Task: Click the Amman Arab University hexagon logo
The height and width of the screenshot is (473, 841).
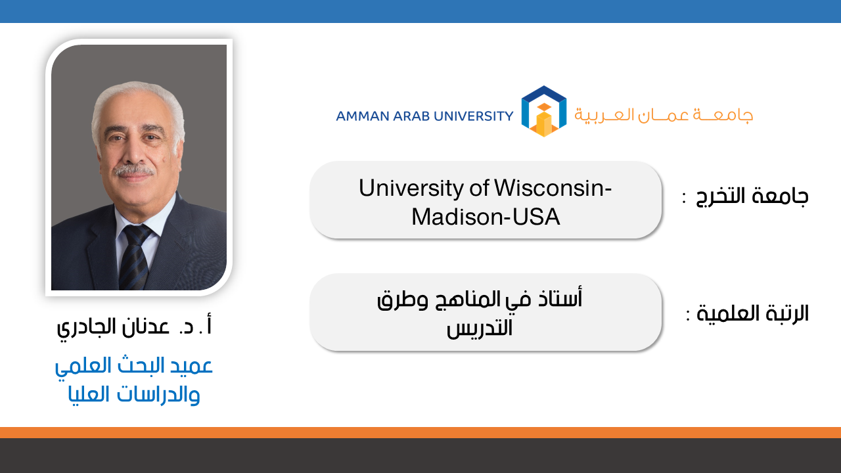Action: [543, 111]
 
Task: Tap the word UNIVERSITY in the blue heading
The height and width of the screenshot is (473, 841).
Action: [474, 116]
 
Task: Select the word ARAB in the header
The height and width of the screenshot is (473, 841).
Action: [411, 116]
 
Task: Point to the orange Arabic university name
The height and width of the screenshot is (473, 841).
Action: [664, 114]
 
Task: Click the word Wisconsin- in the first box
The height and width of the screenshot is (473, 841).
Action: [553, 188]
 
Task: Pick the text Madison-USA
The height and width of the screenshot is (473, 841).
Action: [486, 217]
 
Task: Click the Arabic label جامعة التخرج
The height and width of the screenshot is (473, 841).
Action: [752, 196]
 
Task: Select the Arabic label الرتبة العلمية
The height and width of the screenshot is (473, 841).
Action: [752, 313]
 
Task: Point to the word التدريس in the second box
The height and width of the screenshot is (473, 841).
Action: [480, 328]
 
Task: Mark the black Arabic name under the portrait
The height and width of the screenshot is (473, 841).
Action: [135, 327]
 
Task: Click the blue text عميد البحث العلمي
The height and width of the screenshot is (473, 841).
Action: [134, 366]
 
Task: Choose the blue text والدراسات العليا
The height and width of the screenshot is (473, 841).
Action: [134, 395]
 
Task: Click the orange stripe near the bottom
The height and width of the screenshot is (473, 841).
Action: [420, 432]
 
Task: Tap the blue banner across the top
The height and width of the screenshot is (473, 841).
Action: [420, 11]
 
